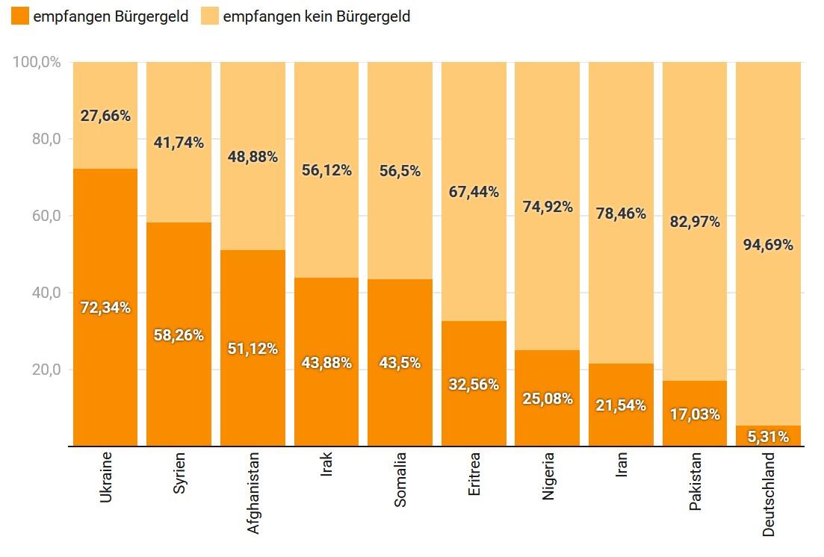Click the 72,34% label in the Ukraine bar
(x=105, y=307)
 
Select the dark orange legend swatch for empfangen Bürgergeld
(x=20, y=16)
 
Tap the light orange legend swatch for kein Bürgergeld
(x=211, y=16)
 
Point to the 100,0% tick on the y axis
(x=36, y=62)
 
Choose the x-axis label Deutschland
(x=769, y=494)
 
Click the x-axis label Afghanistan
(x=253, y=492)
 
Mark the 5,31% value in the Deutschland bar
(x=768, y=437)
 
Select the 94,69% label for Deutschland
(x=768, y=244)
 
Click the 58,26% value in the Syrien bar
(x=179, y=335)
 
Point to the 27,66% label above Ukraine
(x=105, y=116)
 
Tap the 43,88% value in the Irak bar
(x=326, y=363)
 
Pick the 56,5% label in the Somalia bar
(x=400, y=171)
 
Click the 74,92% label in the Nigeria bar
(x=548, y=207)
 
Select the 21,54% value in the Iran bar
(x=621, y=405)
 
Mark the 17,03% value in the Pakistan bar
(x=695, y=414)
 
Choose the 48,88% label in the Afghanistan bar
(x=253, y=157)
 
